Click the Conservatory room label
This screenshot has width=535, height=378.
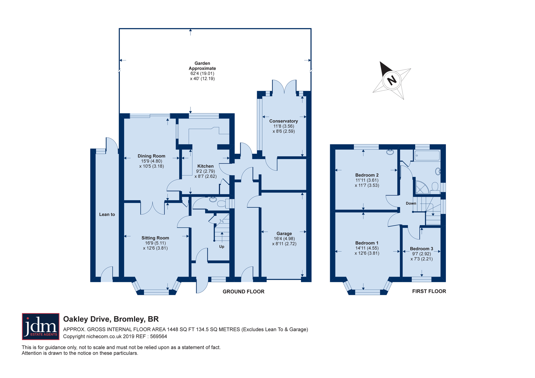click(x=284, y=121)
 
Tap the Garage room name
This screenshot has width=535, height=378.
click(x=284, y=233)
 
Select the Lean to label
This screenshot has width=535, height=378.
click(x=107, y=214)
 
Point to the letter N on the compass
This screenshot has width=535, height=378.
click(x=392, y=80)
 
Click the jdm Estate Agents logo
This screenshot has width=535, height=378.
click(x=41, y=326)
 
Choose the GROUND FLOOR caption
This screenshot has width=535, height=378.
click(x=243, y=292)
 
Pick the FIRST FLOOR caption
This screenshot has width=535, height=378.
click(x=429, y=291)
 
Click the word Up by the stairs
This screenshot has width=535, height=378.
click(x=222, y=246)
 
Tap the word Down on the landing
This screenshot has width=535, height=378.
click(x=411, y=203)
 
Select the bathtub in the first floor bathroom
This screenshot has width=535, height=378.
click(x=427, y=156)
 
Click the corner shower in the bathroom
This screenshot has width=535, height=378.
click(x=422, y=187)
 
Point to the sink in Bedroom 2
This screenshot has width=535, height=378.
click(x=390, y=152)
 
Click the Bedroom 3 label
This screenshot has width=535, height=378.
click(x=422, y=249)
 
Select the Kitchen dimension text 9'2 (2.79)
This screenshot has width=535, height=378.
click(x=205, y=171)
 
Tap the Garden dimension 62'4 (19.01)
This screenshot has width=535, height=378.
click(x=202, y=74)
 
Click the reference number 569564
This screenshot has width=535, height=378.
click(x=159, y=337)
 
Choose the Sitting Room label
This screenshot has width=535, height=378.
click(x=155, y=238)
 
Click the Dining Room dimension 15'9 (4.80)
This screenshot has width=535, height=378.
click(x=151, y=161)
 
